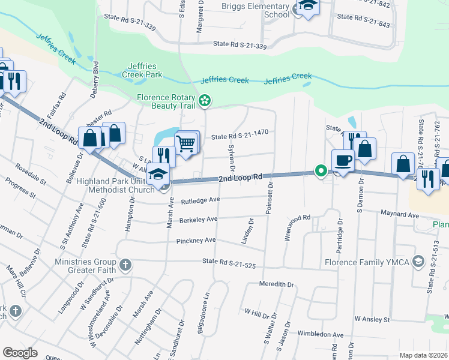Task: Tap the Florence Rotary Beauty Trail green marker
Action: pos(205,101)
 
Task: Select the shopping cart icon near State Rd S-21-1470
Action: pos(186,143)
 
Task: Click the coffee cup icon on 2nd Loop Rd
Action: pos(343,160)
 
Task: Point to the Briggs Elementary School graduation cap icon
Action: pos(308,6)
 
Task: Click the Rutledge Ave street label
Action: pos(201,200)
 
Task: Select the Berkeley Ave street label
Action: pos(198,220)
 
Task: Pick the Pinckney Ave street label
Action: pos(196,241)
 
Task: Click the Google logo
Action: pos(20,352)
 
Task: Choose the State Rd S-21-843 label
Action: pos(363,25)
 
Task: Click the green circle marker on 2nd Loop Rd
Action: pos(321,172)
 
